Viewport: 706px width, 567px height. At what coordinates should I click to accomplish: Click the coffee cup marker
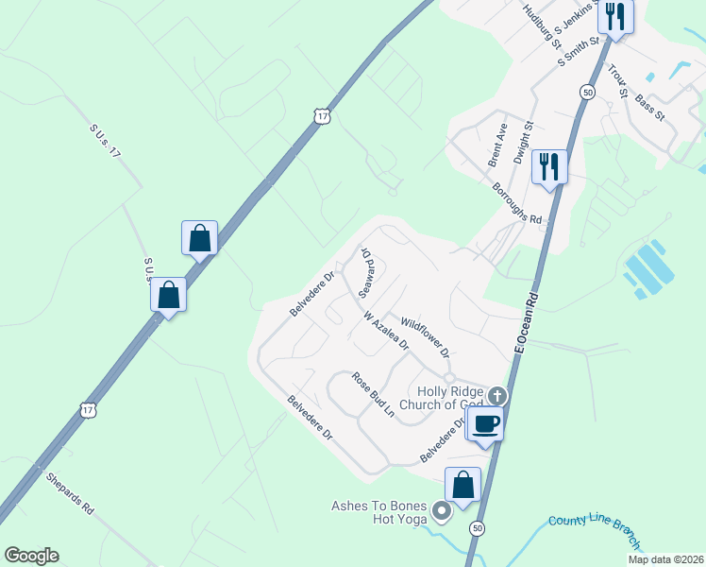point(486,423)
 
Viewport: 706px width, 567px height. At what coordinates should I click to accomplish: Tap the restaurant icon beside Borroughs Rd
point(548,167)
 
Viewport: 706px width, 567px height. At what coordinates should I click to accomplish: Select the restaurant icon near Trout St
point(615,17)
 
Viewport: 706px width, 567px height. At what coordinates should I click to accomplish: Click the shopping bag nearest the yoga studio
point(463,486)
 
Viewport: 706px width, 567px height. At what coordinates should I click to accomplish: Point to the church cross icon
point(496,396)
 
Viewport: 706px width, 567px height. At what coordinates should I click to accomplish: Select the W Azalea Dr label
point(385,332)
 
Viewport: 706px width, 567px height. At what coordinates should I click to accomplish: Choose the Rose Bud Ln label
point(372,394)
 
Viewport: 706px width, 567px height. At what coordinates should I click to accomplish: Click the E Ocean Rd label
point(527,323)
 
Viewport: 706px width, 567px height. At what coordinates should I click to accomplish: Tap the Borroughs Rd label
point(517,202)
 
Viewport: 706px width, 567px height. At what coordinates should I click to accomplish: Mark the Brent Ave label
point(497,146)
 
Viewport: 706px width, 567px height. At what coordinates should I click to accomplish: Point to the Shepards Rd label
point(70,491)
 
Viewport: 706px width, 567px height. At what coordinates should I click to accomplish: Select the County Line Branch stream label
point(595,532)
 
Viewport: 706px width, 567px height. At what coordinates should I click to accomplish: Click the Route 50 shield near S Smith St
point(588,92)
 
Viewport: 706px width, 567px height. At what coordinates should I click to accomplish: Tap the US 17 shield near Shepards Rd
point(88,410)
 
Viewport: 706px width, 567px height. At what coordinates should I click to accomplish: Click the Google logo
point(31,556)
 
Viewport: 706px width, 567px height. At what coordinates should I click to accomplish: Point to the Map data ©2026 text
point(665,559)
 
